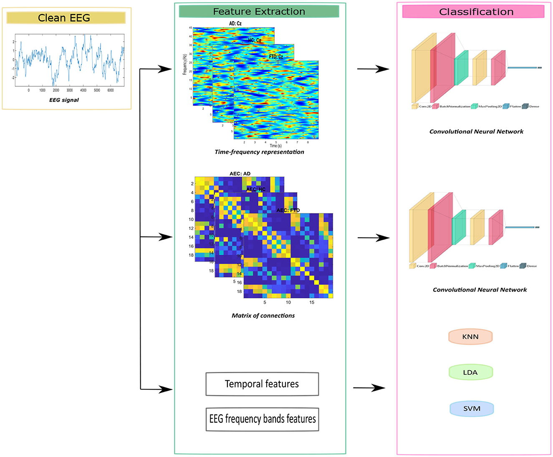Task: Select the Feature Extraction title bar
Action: coord(259,12)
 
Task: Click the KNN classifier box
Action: coord(470,337)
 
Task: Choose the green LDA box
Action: coord(471,372)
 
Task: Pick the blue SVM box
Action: coord(472,409)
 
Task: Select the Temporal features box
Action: coord(262,384)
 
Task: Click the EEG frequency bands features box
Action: coord(262,419)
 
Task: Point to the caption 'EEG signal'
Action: coord(64,100)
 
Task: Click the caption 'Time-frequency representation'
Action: coord(259,152)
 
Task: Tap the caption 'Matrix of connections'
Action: coord(263,316)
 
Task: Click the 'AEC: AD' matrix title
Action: coord(240,174)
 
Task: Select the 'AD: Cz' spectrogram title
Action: coord(235,24)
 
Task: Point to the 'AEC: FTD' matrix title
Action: coord(288,210)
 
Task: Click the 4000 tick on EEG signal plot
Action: coord(83,90)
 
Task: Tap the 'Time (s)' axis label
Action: coord(275,146)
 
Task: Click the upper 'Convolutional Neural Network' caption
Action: coord(476,132)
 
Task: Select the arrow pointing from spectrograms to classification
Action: coord(373,69)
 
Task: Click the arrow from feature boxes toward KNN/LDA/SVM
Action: coord(369,388)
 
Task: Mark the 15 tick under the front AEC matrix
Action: coord(312,302)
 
